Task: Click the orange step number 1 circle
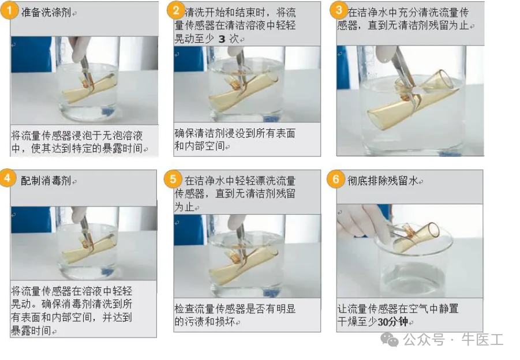[x=9, y=10]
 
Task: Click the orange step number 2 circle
[x=175, y=10]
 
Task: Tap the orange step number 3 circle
[x=338, y=10]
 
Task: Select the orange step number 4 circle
[x=8, y=178]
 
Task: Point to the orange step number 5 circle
[x=173, y=179]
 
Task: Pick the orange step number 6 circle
[x=336, y=179]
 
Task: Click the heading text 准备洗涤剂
[x=46, y=13]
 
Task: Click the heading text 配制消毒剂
[x=46, y=181]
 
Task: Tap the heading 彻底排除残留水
[x=383, y=181]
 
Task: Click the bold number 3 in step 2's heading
[x=222, y=39]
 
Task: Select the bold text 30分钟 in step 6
[x=392, y=322]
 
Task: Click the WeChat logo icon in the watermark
[x=390, y=339]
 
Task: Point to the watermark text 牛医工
[x=482, y=339]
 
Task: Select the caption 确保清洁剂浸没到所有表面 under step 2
[x=235, y=133]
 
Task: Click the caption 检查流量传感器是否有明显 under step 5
[x=235, y=309]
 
